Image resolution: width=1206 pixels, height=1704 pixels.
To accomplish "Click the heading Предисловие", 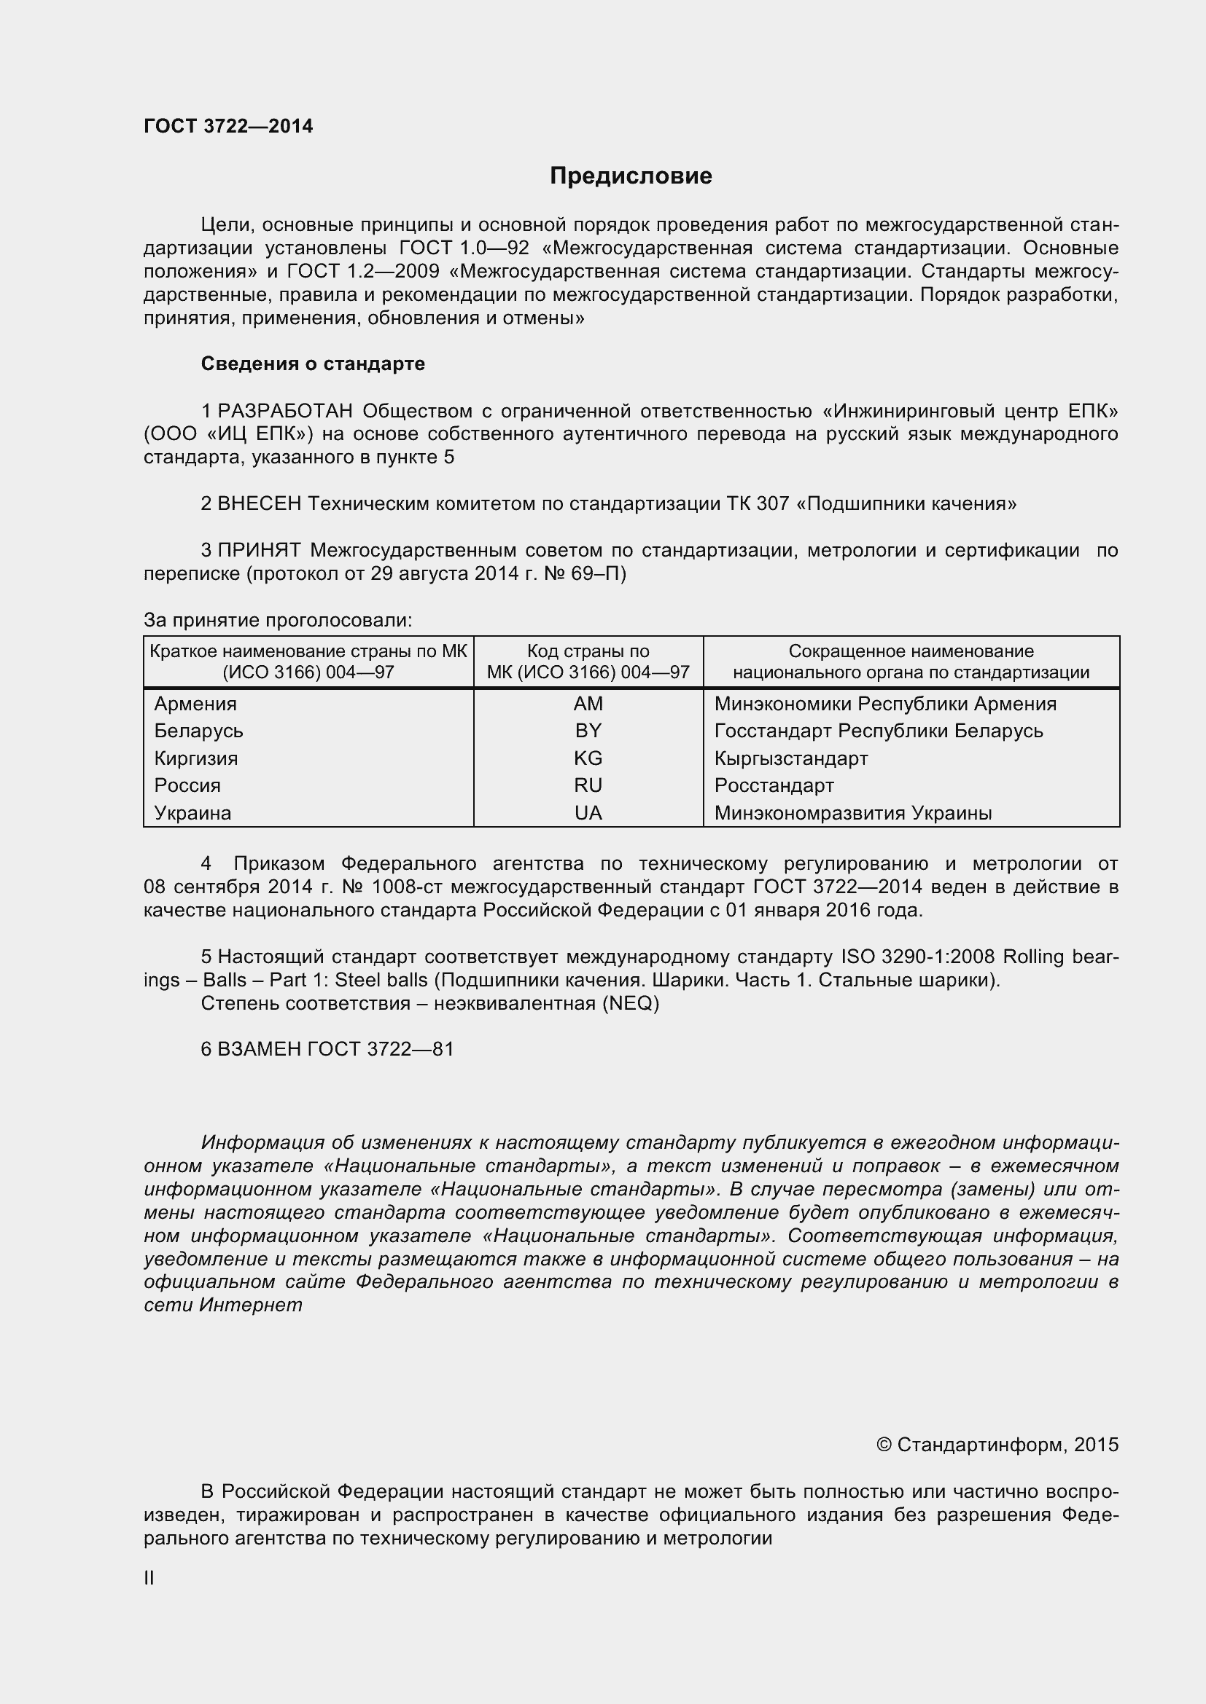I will [631, 176].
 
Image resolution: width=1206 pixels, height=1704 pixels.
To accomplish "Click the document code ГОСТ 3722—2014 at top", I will [228, 126].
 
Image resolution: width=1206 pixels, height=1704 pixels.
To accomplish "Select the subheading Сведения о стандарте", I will [313, 364].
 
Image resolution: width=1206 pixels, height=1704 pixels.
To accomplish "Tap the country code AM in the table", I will [588, 704].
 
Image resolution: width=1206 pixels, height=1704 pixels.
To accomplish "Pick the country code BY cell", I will [588, 731].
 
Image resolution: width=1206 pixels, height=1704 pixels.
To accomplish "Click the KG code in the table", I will [588, 758].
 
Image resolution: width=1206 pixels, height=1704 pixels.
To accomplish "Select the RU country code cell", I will [588, 785].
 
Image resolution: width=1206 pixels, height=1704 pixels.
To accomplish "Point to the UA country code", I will [588, 813].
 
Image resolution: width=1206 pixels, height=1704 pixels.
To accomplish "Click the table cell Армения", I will [195, 704].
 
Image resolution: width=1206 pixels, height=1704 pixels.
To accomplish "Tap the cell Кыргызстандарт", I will [791, 758].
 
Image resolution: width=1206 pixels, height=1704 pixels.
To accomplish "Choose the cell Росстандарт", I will [774, 785].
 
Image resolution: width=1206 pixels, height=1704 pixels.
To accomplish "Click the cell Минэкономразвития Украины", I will [852, 813].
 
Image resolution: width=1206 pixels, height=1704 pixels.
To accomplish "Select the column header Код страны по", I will [588, 651].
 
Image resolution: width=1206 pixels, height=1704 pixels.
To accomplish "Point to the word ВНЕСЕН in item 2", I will [259, 504].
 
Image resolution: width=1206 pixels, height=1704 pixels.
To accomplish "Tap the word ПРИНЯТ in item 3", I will [259, 550].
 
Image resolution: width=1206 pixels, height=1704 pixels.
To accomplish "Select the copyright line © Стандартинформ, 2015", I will [997, 1444].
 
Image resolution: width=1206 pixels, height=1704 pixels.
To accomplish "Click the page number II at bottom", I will [149, 1579].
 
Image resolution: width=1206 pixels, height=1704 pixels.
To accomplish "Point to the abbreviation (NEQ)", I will [630, 1002].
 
